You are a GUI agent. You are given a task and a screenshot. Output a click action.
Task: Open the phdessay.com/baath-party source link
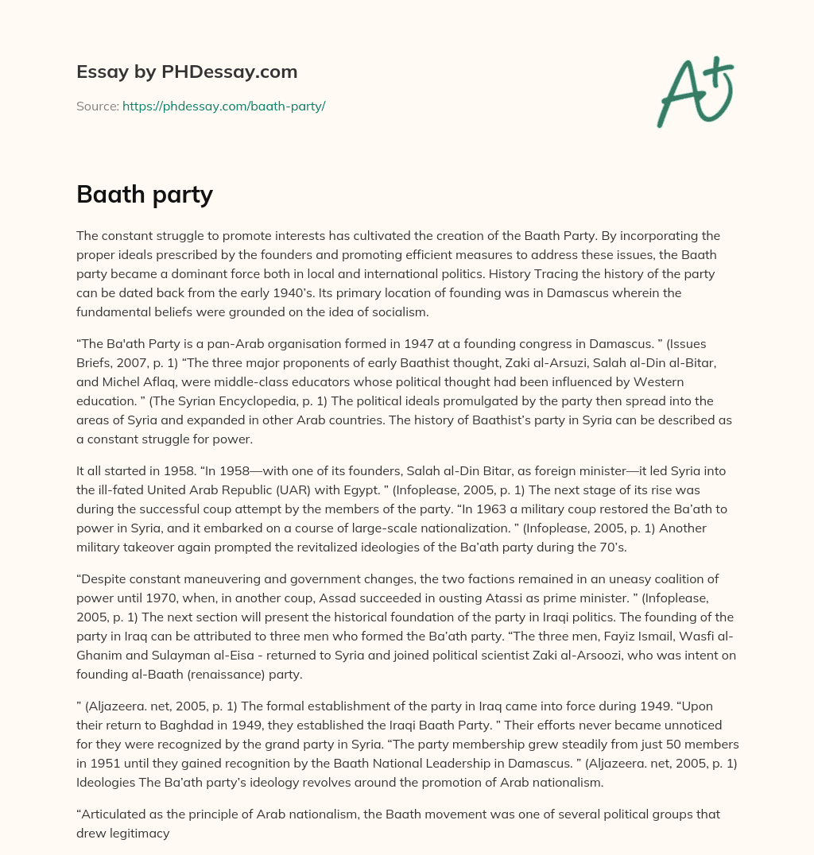tap(223, 106)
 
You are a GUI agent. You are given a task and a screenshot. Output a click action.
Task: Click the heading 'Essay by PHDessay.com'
tap(187, 72)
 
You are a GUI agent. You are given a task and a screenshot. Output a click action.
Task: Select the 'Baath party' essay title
tap(145, 195)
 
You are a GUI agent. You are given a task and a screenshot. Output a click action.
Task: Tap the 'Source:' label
tap(97, 106)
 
